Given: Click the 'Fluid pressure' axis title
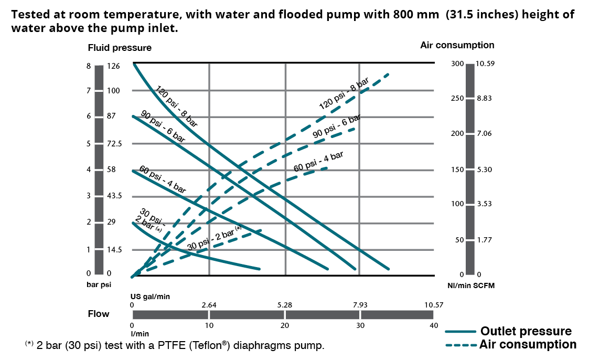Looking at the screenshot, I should [x=120, y=48].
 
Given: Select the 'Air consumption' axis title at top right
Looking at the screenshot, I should [x=457, y=45].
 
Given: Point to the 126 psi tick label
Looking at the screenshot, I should [x=113, y=66].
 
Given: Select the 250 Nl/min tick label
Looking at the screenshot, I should [x=457, y=99].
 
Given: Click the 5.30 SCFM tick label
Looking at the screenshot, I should [x=485, y=170].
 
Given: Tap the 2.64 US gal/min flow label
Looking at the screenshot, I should [x=209, y=305].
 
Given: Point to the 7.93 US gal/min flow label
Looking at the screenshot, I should [x=360, y=305].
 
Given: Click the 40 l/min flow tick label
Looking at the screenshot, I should [x=433, y=325].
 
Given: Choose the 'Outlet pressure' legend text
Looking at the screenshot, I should [x=526, y=331].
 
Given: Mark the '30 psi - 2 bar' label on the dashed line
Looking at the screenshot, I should [x=214, y=238].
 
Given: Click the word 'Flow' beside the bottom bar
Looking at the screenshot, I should [x=99, y=314].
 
